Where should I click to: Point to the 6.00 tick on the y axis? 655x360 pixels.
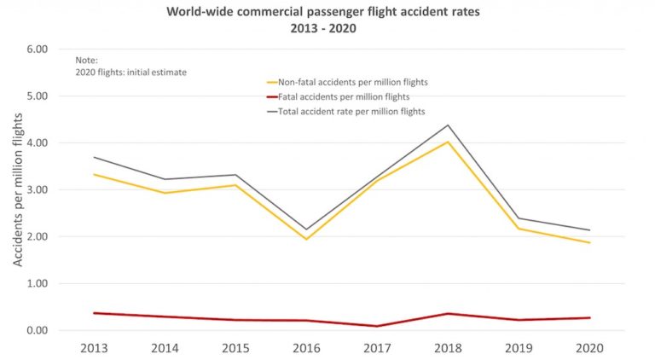[x=35, y=49]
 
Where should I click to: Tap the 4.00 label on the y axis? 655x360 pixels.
[x=35, y=143]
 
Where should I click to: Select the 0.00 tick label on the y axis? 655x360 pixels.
[x=35, y=331]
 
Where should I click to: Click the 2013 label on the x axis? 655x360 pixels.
[x=93, y=350]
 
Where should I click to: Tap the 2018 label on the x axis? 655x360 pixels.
[x=447, y=350]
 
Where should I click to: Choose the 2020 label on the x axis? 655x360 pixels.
[x=588, y=350]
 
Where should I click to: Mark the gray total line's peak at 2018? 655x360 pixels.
[x=447, y=125]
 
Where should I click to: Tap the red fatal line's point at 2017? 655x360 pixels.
[x=376, y=326]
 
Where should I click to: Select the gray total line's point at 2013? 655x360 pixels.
[x=93, y=157]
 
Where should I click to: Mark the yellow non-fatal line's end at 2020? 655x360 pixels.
[x=589, y=243]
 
